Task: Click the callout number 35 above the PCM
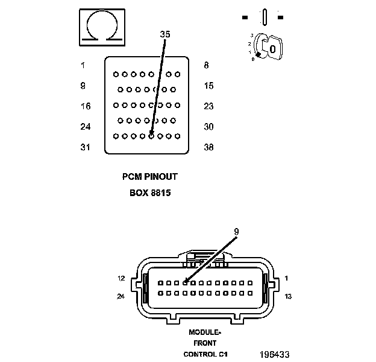164,34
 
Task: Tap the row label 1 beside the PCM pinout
83,65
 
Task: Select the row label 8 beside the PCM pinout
206,65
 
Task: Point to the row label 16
86,106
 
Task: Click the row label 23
208,106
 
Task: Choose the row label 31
86,147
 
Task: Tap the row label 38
208,147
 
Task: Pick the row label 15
208,86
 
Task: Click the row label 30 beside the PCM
208,127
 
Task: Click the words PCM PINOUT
149,177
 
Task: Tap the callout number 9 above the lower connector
236,230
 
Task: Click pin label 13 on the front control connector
288,296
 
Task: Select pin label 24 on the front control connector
121,296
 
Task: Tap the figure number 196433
275,355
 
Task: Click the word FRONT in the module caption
205,343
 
